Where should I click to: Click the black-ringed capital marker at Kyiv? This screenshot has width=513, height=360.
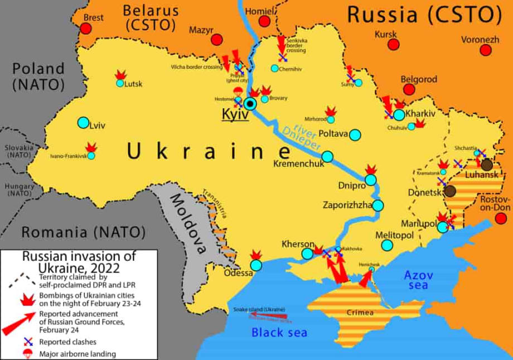[x=250, y=103]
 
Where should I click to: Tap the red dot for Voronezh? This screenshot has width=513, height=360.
[x=486, y=50]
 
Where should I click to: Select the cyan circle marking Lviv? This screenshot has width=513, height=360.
[x=83, y=122]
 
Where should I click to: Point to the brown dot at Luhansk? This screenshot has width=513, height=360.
[x=487, y=164]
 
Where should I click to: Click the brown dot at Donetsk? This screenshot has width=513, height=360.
[x=451, y=191]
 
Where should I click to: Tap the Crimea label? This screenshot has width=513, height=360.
[x=360, y=312]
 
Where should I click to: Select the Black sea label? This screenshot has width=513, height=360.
[x=279, y=333]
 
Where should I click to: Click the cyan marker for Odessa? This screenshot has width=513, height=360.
[x=256, y=265]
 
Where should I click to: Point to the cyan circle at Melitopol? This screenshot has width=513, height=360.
[x=388, y=245]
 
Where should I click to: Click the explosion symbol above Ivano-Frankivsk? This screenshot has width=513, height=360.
[x=91, y=147]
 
